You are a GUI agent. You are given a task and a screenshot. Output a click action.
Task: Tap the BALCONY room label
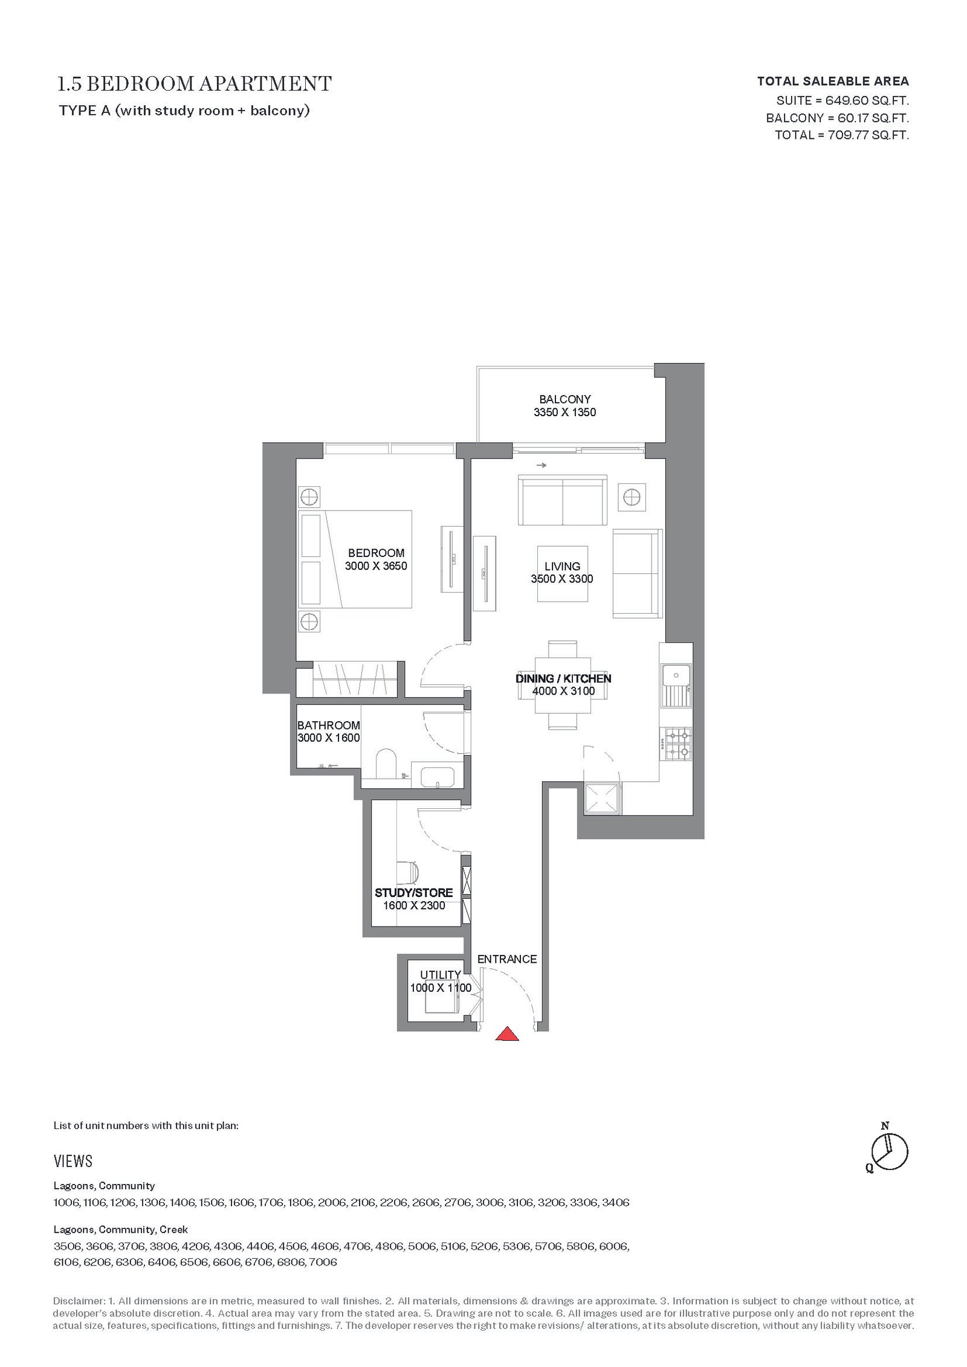pyautogui.click(x=565, y=399)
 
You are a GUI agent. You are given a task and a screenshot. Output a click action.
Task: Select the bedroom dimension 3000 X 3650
pyautogui.click(x=376, y=567)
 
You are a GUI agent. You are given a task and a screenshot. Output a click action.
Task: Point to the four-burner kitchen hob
pyautogui.click(x=678, y=744)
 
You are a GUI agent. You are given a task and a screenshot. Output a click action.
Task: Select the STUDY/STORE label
pyautogui.click(x=413, y=893)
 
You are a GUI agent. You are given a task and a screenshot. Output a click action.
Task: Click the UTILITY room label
pyautogui.click(x=441, y=975)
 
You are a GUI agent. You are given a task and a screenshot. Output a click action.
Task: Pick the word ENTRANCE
pyautogui.click(x=507, y=959)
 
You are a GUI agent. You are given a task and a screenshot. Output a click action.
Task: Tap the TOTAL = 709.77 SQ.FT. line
pyautogui.click(x=842, y=135)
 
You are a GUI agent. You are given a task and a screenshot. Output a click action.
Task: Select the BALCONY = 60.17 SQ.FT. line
pyautogui.click(x=838, y=118)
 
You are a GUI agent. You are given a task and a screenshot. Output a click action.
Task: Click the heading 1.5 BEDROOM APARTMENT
pyautogui.click(x=194, y=83)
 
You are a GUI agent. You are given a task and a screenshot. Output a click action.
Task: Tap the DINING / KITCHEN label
pyautogui.click(x=563, y=678)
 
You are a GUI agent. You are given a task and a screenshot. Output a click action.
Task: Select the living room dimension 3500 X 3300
pyautogui.click(x=562, y=579)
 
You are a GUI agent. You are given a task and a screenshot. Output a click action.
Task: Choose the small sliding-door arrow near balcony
pyautogui.click(x=541, y=465)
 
